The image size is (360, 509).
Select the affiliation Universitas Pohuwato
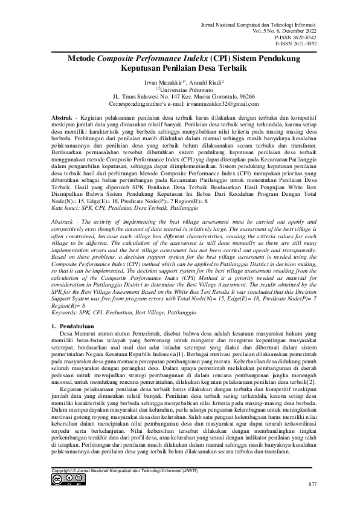coord(182,88)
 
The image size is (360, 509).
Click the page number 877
coord(312,485)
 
